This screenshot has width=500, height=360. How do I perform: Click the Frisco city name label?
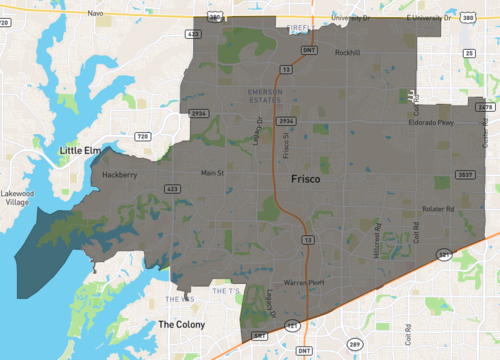click(x=306, y=178)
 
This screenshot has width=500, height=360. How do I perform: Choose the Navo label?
click(x=96, y=13)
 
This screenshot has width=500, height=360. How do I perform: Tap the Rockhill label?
click(x=347, y=52)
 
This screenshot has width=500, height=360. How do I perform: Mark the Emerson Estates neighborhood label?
click(x=266, y=95)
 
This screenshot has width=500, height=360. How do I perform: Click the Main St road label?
click(x=213, y=173)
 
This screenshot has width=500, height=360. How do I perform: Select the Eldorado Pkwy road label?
click(x=433, y=122)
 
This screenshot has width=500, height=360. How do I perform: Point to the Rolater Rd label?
click(x=437, y=209)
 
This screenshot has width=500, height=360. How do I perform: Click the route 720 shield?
click(x=142, y=135)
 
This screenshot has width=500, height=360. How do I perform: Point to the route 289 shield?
click(x=353, y=345)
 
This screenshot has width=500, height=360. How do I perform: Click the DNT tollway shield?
click(x=308, y=48)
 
